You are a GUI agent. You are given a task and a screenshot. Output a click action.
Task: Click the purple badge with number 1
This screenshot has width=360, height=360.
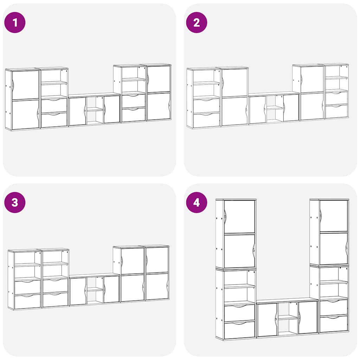pyautogui.click(x=15, y=22)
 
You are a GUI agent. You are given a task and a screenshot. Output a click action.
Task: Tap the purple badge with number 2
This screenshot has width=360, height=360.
pyautogui.click(x=197, y=22)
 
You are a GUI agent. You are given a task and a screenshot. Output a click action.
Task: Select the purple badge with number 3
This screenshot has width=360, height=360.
pyautogui.click(x=15, y=202)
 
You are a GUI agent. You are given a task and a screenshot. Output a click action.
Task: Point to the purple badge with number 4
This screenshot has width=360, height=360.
pyautogui.click(x=197, y=202)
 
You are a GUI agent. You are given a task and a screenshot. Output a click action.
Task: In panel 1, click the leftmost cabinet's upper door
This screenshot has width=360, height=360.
pyautogui.click(x=25, y=85)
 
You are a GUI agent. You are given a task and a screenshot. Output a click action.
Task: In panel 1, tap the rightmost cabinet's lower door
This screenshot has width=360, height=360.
pyautogui.click(x=159, y=106)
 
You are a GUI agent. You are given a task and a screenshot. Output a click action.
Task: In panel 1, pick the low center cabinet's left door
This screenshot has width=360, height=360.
pyautogui.click(x=78, y=111)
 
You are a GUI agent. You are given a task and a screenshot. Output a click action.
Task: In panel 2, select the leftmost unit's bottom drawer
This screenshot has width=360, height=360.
pyautogui.click(x=206, y=120)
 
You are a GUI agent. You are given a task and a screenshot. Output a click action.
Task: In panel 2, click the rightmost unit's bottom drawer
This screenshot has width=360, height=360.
pyautogui.click(x=336, y=111)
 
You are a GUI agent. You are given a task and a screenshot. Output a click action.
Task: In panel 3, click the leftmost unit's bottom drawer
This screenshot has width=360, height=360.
pyautogui.click(x=27, y=301)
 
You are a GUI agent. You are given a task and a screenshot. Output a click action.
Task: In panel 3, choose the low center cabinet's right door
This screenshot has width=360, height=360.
pyautogui.click(x=111, y=289)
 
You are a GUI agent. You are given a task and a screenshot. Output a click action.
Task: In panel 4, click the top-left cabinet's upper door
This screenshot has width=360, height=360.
pyautogui.click(x=239, y=217)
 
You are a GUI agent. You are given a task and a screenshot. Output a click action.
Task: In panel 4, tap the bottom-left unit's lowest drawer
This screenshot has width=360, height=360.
pyautogui.click(x=239, y=330)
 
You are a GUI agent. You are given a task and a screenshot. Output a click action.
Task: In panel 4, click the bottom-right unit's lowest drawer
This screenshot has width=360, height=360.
pyautogui.click(x=334, y=324)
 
